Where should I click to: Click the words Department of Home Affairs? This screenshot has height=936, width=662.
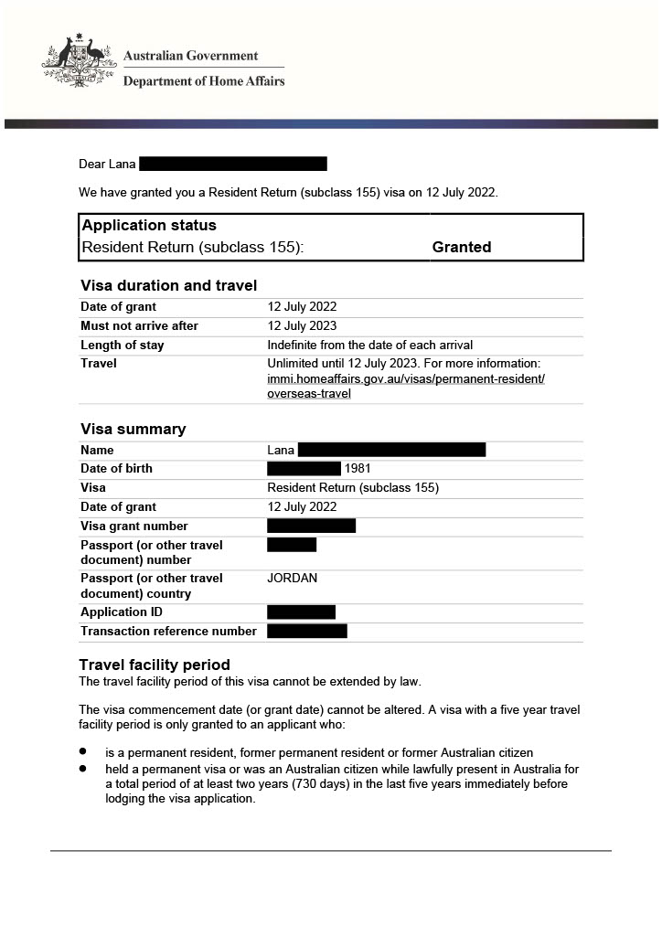[204, 81]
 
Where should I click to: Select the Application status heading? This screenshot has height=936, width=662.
[149, 226]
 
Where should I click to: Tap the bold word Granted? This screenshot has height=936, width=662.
[462, 247]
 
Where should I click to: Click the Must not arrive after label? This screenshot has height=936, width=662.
[139, 326]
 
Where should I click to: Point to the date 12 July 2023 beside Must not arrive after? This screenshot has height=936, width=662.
[302, 326]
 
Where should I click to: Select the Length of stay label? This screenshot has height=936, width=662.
[123, 346]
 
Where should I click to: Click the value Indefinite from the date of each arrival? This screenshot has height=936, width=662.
[369, 346]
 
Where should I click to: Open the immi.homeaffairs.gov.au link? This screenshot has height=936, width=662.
[406, 378]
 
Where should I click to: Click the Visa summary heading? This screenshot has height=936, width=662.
[133, 430]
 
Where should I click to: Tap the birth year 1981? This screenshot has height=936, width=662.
[358, 469]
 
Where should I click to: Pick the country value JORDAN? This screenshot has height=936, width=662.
[293, 579]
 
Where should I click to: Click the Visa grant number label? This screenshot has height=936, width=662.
[134, 526]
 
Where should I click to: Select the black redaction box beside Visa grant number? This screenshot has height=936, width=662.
[311, 526]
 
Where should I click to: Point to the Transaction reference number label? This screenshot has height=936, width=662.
[168, 632]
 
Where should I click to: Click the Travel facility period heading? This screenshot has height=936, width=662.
[155, 665]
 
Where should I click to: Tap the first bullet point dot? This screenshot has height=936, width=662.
[83, 751]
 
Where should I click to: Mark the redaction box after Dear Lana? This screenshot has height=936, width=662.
[232, 165]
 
